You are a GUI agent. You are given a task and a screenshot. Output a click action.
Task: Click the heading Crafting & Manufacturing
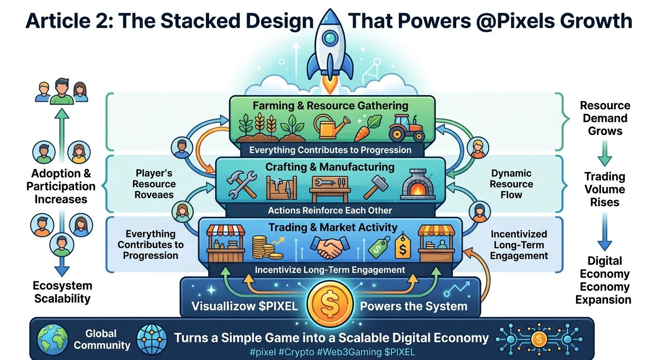tap(330, 167)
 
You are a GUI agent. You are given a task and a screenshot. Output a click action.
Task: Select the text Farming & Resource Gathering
tap(330, 105)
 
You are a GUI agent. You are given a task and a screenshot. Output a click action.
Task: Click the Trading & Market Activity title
tap(333, 228)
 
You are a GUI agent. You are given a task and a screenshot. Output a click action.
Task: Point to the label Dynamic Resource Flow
tap(511, 184)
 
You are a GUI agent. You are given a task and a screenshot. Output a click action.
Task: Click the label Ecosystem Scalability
tap(62, 292)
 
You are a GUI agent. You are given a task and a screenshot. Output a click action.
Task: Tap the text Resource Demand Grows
tap(605, 118)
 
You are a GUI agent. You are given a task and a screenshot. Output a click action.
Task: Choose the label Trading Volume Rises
tap(605, 189)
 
